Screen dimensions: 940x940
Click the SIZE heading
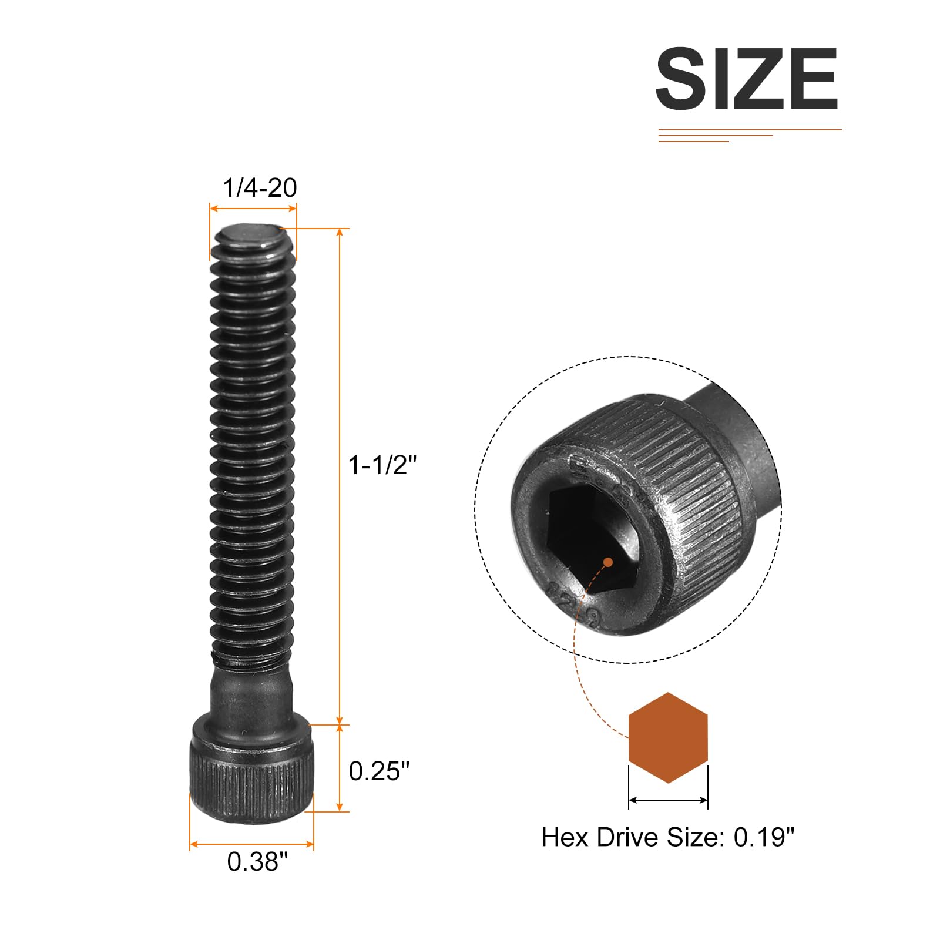(x=746, y=79)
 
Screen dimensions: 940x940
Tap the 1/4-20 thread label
(x=260, y=188)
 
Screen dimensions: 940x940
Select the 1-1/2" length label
(x=382, y=465)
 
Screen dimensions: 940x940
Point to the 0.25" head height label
(x=379, y=771)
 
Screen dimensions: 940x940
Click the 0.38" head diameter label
(x=257, y=861)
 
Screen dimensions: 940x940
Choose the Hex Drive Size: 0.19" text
(x=667, y=837)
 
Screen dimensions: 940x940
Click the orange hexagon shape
(x=668, y=737)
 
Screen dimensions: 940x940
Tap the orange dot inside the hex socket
(x=608, y=562)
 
